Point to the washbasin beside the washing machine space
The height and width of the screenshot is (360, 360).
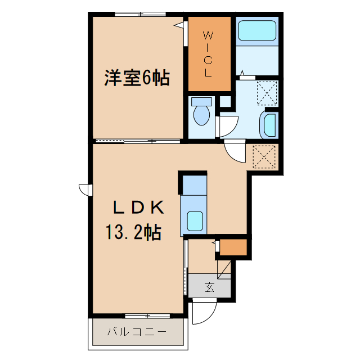[269, 124]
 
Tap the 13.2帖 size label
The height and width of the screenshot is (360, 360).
[133, 231]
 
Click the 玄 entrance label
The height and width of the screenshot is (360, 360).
[209, 287]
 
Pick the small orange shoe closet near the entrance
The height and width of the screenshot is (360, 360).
[232, 247]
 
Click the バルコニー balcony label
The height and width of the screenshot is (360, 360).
[137, 331]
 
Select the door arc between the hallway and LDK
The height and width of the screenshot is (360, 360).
[235, 152]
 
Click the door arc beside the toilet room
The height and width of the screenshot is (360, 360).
[228, 125]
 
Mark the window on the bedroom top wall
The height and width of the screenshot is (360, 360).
[137, 14]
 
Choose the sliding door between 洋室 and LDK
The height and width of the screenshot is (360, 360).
[138, 140]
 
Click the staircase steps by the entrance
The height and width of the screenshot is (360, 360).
[224, 267]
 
